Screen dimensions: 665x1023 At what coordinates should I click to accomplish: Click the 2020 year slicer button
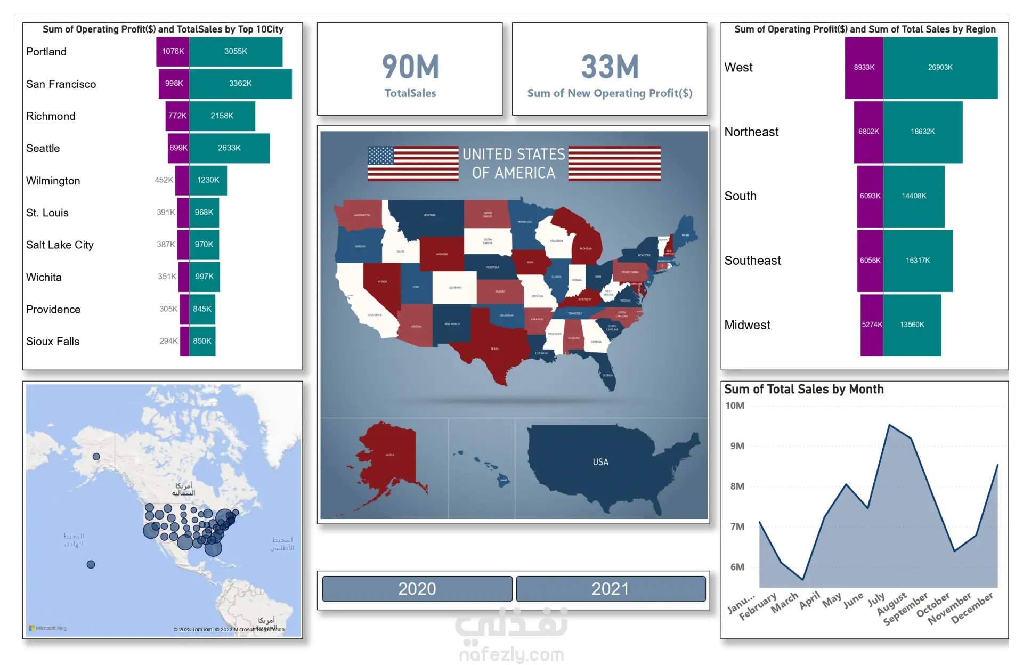417,589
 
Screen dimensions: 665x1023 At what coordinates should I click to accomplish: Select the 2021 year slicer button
611,589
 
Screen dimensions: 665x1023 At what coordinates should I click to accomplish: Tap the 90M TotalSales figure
410,67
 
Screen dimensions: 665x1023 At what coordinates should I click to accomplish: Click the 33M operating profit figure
610,67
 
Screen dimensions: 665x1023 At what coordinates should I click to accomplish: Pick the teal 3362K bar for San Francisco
240,84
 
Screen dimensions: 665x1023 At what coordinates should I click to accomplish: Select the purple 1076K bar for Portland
173,52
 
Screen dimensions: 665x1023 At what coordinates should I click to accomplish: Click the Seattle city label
43,148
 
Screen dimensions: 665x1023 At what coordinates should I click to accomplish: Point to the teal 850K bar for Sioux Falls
202,341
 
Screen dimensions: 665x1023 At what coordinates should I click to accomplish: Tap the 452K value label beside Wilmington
164,180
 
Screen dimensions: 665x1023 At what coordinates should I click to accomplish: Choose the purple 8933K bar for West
864,68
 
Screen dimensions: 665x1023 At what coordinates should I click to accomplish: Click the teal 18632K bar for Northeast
922,132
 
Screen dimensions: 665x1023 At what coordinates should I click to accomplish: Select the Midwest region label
747,325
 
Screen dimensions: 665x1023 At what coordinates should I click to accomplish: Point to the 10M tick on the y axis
735,406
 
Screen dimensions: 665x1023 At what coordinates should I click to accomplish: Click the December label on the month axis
972,607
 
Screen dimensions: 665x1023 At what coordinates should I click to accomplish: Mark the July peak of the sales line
889,425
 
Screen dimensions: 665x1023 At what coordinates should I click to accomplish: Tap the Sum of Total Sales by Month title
803,390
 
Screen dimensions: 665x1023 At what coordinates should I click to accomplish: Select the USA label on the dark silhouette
600,462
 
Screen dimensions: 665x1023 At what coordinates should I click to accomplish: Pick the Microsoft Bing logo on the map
48,628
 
